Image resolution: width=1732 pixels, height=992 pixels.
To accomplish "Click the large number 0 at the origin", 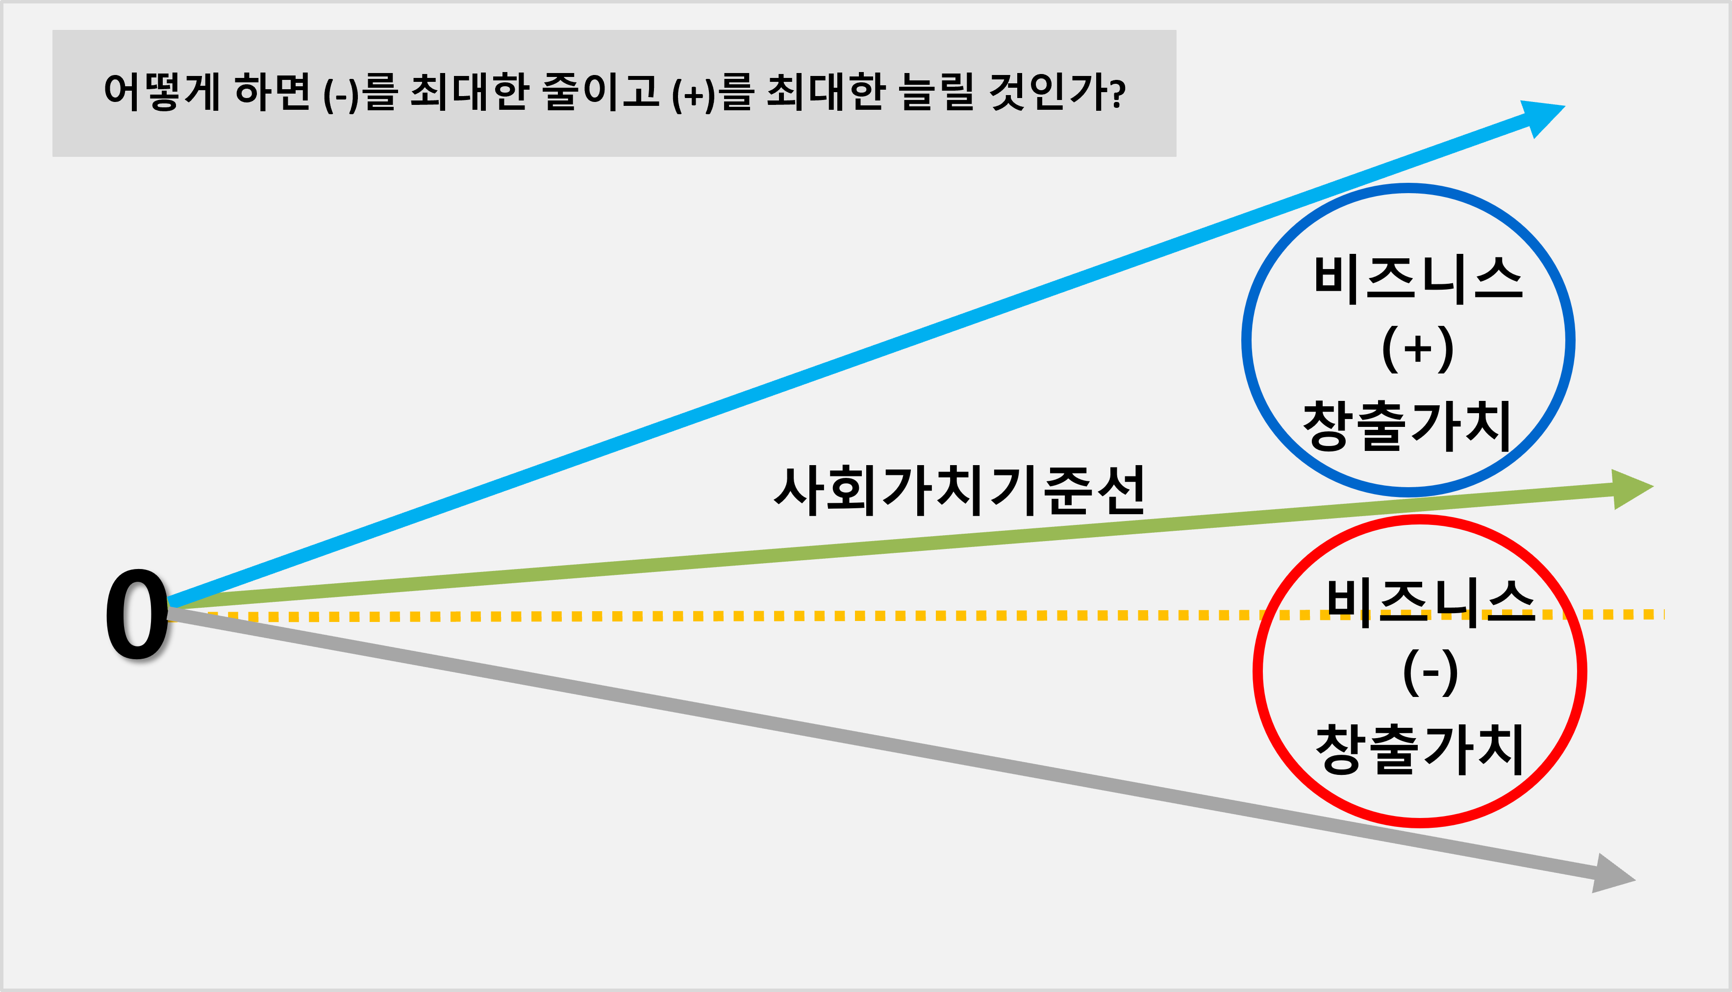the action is pyautogui.click(x=136, y=615).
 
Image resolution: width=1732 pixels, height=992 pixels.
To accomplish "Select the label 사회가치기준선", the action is pyautogui.click(x=959, y=491).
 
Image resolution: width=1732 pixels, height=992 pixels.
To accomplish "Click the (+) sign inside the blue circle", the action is pyautogui.click(x=1417, y=349).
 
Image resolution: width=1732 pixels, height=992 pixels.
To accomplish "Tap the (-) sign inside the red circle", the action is pyautogui.click(x=1430, y=672).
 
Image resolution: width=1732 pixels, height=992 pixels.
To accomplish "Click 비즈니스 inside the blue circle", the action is pyautogui.click(x=1417, y=279).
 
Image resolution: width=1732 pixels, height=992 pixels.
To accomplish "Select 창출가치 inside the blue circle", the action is pyautogui.click(x=1407, y=426).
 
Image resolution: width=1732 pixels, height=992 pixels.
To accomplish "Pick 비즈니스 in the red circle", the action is pyautogui.click(x=1430, y=602).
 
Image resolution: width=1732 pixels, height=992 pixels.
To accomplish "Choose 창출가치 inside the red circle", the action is pyautogui.click(x=1420, y=749).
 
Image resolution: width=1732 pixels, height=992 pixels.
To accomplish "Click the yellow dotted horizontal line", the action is pyautogui.click(x=750, y=616).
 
